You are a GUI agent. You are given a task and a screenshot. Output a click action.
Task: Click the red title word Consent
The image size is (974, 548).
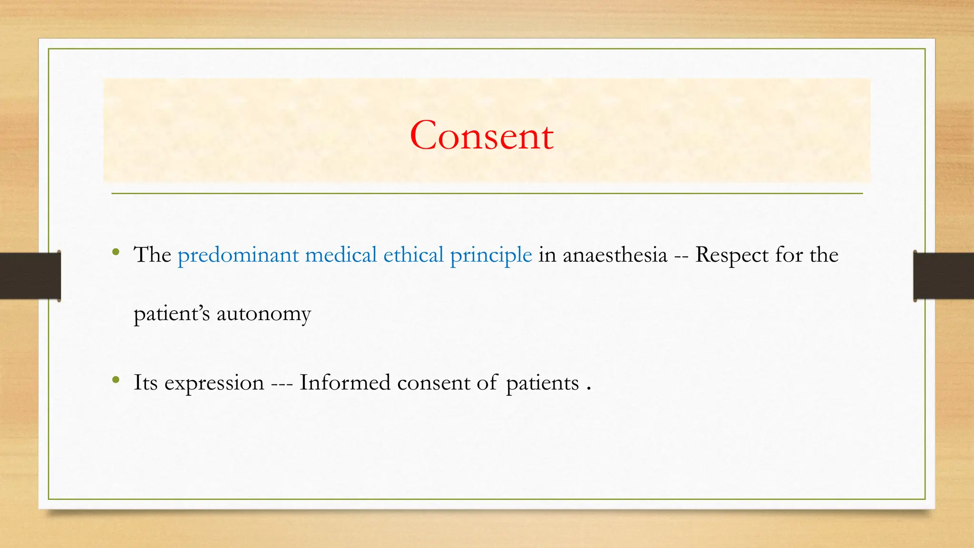(481, 136)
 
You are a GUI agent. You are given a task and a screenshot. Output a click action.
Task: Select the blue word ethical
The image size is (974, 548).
(413, 255)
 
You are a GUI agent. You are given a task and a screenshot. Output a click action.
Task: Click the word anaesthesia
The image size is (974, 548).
(615, 255)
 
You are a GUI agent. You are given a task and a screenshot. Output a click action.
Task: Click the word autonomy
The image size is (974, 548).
(263, 314)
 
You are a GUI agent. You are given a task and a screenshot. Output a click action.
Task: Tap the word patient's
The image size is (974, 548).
(172, 314)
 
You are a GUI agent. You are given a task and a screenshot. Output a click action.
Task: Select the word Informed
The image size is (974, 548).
(345, 382)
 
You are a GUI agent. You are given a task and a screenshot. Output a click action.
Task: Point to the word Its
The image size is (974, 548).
(145, 382)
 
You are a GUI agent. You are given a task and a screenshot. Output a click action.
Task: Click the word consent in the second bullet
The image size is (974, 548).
(433, 383)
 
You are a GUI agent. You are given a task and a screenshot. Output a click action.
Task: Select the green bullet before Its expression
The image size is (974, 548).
(116, 380)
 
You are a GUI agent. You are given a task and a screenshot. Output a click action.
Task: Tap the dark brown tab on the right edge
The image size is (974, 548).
(944, 276)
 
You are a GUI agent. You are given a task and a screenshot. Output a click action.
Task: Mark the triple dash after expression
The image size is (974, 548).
(282, 383)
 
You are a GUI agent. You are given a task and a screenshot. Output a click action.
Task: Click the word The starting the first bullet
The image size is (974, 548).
(152, 255)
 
